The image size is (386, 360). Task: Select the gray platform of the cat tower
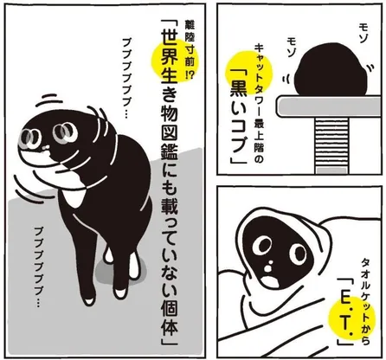(x=330, y=106)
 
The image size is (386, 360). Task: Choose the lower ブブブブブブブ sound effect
(x=39, y=266)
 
